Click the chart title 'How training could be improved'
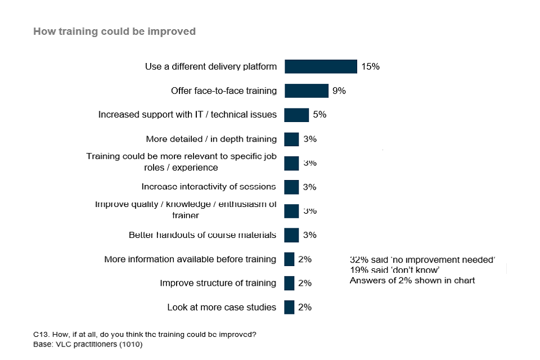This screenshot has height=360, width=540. [114, 31]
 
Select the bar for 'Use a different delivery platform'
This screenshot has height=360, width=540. [321, 66]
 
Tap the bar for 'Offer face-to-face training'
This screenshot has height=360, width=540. [306, 91]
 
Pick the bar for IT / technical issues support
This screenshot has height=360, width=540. [296, 115]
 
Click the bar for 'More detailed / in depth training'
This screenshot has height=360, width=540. [291, 139]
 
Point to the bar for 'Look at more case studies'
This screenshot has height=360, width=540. [289, 307]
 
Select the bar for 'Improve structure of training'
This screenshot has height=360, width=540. [289, 283]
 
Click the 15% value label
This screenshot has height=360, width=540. [370, 66]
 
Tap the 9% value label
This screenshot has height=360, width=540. [339, 91]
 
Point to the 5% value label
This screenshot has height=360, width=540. [319, 115]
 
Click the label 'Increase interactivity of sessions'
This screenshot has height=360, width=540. [209, 187]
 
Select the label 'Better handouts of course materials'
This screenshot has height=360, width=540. [202, 235]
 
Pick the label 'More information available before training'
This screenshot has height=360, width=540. [190, 259]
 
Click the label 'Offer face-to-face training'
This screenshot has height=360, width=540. [224, 91]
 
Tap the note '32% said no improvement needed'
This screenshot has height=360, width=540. [422, 260]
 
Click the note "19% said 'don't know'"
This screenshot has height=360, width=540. [394, 270]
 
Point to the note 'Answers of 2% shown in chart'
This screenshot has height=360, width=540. [412, 280]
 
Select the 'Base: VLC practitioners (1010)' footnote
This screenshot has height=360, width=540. [88, 344]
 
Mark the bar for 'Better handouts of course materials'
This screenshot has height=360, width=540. [291, 235]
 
